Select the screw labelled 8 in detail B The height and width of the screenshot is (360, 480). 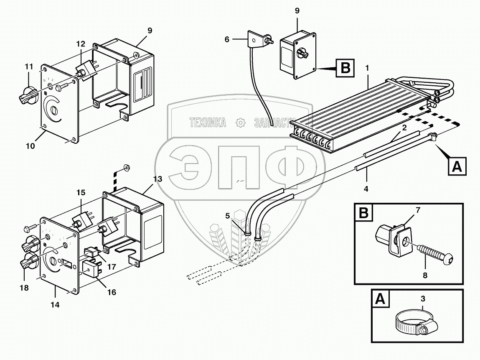tap(435, 253)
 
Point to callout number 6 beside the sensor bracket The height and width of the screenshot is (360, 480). tap(227, 39)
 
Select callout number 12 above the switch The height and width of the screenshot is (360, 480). tap(80, 43)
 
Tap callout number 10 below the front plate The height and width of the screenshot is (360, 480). tap(30, 146)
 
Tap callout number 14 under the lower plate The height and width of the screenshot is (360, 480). tap(55, 305)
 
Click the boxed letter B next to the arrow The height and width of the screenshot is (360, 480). tap(345, 68)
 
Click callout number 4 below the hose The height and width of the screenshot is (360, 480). tap(366, 189)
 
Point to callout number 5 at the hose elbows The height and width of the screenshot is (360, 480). tap(228, 216)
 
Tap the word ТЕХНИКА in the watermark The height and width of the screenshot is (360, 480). tap(208, 123)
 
